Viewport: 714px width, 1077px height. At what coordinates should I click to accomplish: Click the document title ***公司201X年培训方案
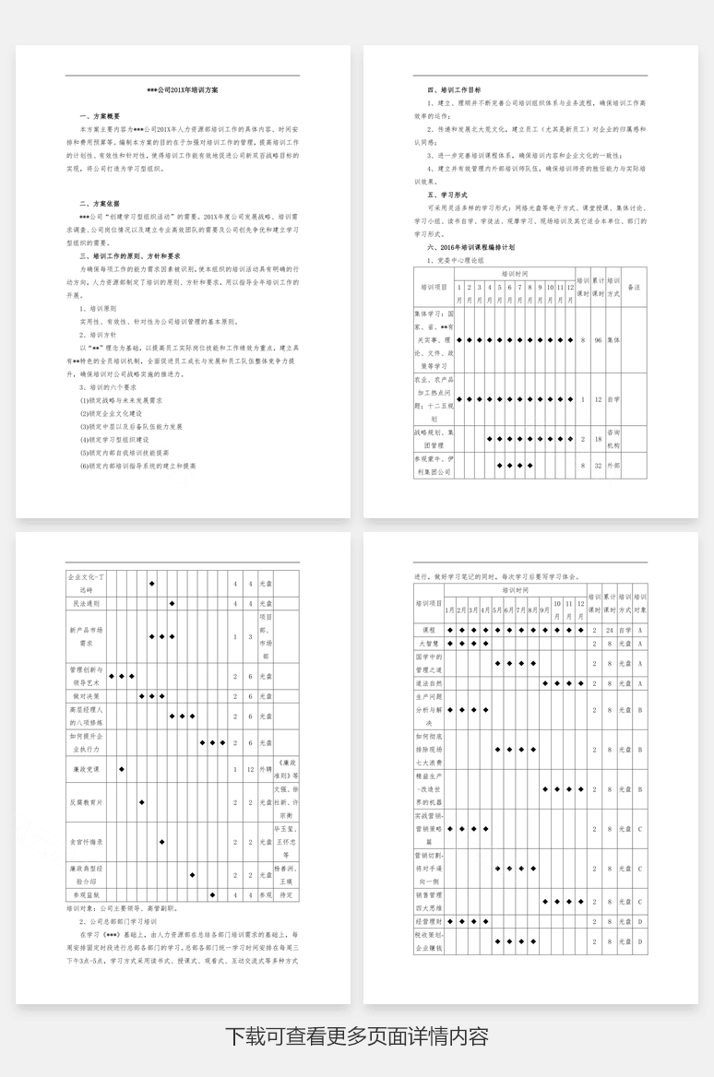pyautogui.click(x=183, y=90)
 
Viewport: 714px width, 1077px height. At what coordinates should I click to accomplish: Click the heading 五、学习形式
pyautogui.click(x=447, y=195)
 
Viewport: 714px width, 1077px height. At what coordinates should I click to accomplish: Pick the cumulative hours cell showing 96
pyautogui.click(x=598, y=340)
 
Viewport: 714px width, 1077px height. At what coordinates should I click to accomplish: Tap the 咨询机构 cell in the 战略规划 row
pyautogui.click(x=613, y=438)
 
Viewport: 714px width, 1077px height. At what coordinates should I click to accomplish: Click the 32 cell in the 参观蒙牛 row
pyautogui.click(x=598, y=466)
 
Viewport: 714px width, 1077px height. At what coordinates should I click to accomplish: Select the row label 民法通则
pyautogui.click(x=86, y=603)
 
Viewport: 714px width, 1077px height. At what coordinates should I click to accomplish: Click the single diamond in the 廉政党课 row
pyautogui.click(x=122, y=768)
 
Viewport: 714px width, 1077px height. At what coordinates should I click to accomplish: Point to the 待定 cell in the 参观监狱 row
pyautogui.click(x=286, y=894)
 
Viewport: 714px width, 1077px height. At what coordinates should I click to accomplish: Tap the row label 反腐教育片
pyautogui.click(x=86, y=802)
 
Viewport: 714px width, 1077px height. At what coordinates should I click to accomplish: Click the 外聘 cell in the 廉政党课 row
pyautogui.click(x=266, y=768)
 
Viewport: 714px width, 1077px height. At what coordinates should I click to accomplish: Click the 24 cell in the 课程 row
pyautogui.click(x=610, y=630)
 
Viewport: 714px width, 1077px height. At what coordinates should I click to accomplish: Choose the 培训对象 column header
pyautogui.click(x=640, y=603)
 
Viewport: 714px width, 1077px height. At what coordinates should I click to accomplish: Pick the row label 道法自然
pyautogui.click(x=428, y=683)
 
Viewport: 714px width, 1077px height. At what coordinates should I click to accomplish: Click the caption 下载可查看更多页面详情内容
pyautogui.click(x=356, y=1036)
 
